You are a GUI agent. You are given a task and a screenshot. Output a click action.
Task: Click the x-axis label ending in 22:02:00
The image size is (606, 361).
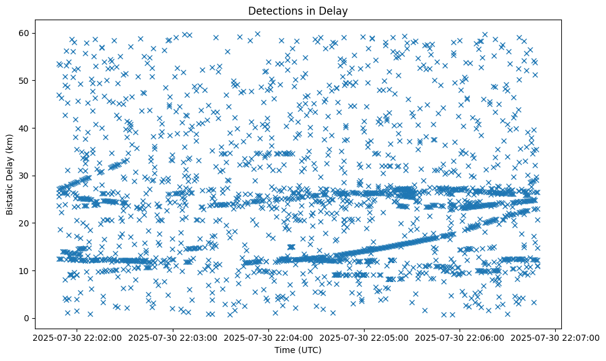77,337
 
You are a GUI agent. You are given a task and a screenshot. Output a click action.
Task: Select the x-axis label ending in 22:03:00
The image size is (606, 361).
173,337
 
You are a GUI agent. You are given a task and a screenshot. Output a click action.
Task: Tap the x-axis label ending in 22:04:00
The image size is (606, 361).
268,337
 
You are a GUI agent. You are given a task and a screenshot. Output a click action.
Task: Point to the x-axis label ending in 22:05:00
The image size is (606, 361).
365,337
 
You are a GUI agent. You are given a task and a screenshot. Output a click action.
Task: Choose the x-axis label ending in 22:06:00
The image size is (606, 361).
460,337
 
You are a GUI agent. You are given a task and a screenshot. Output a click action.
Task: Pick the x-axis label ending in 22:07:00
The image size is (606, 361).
556,337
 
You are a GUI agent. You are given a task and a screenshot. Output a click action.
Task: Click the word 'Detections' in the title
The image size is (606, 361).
273,10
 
